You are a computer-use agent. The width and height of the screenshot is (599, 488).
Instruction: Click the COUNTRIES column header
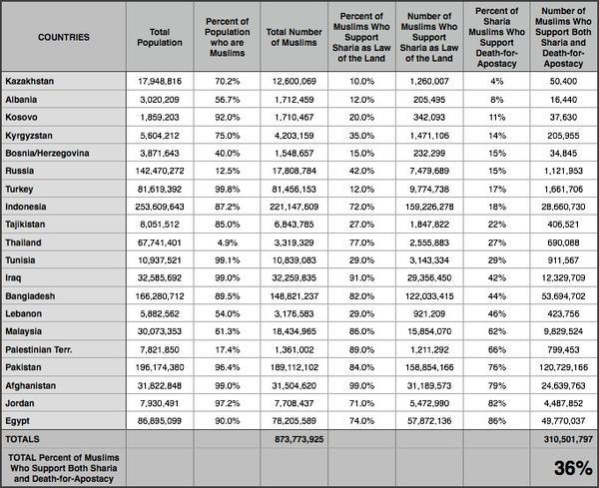coord(64,37)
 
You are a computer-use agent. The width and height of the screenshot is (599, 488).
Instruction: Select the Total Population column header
coord(160,37)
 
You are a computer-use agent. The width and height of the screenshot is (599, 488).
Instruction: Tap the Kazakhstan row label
coord(29,81)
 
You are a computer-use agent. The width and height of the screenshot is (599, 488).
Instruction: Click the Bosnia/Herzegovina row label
coord(47,153)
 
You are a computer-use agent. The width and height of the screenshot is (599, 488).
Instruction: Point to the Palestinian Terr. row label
coord(39,349)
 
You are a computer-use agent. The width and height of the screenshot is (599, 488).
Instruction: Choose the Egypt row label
coord(17,421)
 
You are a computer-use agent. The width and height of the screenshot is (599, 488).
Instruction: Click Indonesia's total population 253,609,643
coord(160,207)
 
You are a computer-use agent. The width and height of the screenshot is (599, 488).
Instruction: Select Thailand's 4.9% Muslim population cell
coord(228,243)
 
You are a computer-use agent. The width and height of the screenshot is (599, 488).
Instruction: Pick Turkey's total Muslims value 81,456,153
coord(295,189)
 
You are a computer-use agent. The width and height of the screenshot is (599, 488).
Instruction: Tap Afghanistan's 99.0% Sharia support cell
coord(361,385)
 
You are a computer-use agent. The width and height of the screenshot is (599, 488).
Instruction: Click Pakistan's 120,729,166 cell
coord(563,367)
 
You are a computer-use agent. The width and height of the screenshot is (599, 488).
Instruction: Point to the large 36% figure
coord(573,468)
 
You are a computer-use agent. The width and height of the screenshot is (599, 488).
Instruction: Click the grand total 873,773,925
coord(299,439)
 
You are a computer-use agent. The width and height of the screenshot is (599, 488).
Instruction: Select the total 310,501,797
coord(568,439)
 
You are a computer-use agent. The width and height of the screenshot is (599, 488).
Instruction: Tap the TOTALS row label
coord(22,439)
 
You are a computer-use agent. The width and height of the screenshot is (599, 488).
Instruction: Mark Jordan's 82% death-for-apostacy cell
coord(496,403)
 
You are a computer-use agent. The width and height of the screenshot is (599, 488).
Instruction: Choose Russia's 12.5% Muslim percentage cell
coord(228,171)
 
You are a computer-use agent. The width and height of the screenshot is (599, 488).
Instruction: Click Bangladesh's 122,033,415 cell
coord(429,296)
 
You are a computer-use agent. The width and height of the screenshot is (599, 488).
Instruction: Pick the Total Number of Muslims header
coord(295,37)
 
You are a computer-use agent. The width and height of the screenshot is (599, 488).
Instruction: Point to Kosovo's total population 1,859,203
coord(160,117)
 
